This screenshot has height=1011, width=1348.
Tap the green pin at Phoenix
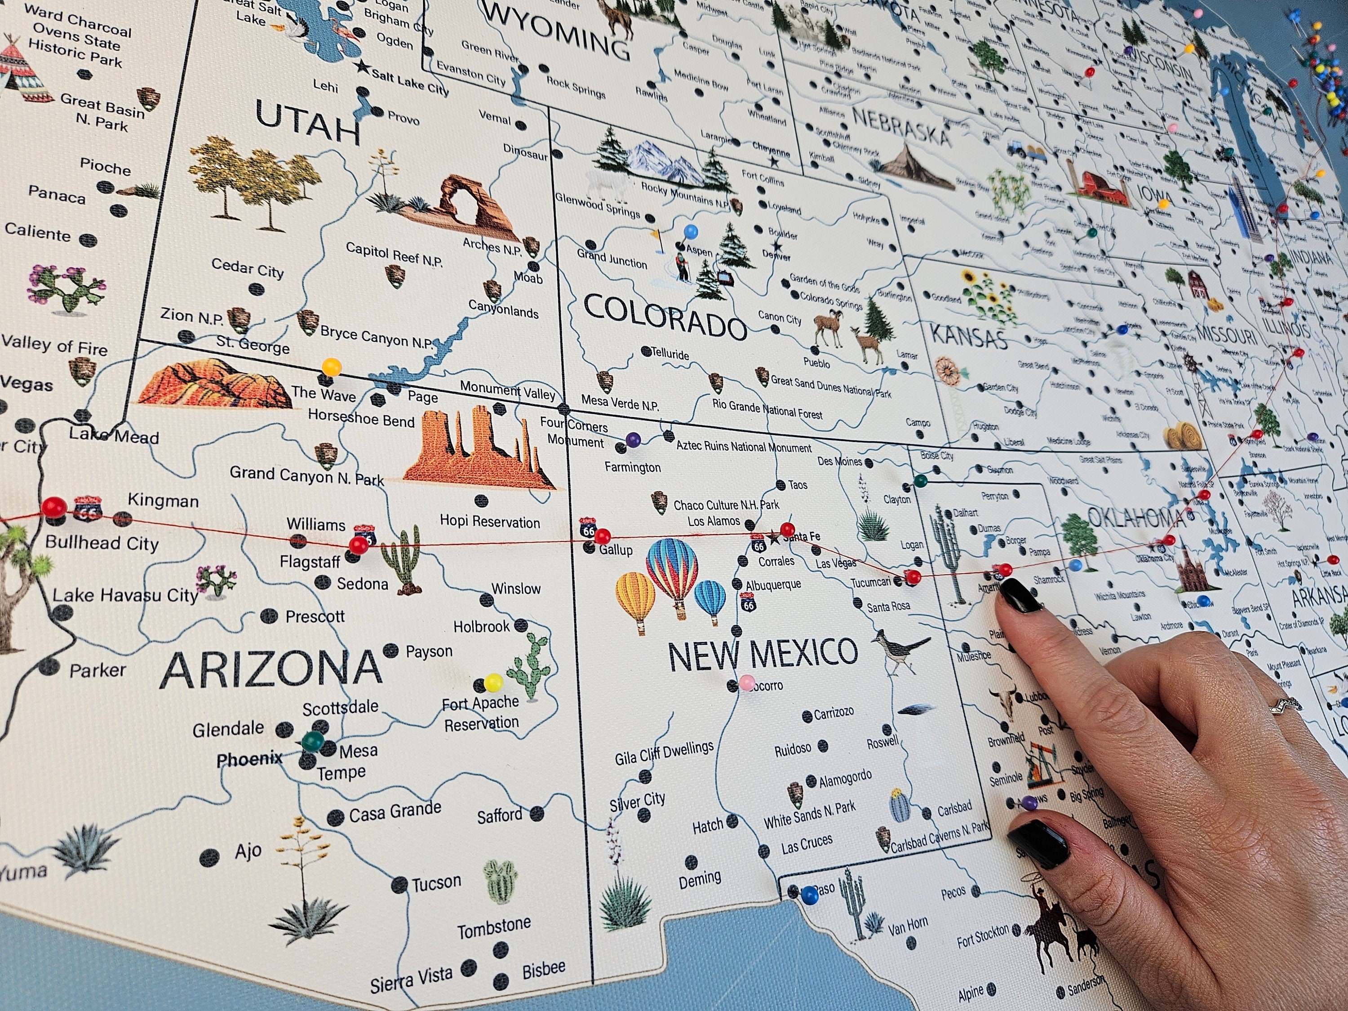313,741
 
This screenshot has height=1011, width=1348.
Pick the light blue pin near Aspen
691,231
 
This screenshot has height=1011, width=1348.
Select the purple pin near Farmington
633,439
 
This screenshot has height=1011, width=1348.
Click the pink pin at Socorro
746,682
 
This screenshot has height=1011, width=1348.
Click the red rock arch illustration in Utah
463,204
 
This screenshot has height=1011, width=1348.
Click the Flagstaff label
309,561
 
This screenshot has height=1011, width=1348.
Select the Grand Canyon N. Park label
306,475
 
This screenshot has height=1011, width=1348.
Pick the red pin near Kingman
53,506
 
